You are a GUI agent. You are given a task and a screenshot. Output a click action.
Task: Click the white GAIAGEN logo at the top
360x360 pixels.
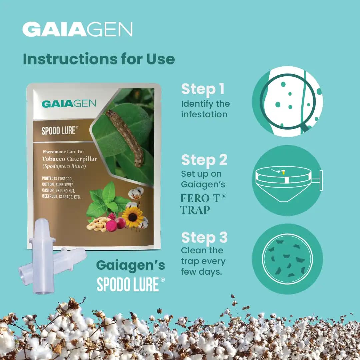(x=77, y=29)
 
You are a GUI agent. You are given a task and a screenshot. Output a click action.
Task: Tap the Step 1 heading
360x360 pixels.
(x=203, y=89)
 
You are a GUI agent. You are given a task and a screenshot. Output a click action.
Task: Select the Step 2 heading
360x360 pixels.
(x=204, y=160)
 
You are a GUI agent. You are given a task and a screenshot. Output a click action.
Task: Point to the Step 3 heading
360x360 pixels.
(x=204, y=237)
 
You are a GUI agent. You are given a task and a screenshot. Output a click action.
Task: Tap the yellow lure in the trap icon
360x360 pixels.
(x=284, y=172)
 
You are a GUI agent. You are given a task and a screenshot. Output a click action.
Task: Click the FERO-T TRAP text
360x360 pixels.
(x=203, y=204)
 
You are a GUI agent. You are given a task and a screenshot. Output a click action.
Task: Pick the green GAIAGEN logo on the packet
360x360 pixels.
(x=69, y=104)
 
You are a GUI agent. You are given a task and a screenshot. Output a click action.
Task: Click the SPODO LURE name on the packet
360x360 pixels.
(x=59, y=130)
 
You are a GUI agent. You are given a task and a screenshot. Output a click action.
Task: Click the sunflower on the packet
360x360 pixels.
(x=133, y=217)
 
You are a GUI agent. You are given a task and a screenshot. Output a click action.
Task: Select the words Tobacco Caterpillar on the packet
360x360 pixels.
(x=70, y=159)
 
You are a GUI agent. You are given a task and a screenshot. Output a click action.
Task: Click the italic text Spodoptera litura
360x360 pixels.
(x=64, y=166)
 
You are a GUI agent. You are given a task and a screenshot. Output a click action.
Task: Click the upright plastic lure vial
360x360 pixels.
(x=42, y=256)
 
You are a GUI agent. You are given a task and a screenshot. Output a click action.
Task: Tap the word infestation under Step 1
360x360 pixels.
(x=204, y=114)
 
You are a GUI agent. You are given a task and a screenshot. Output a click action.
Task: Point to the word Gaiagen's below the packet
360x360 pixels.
(x=131, y=266)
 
